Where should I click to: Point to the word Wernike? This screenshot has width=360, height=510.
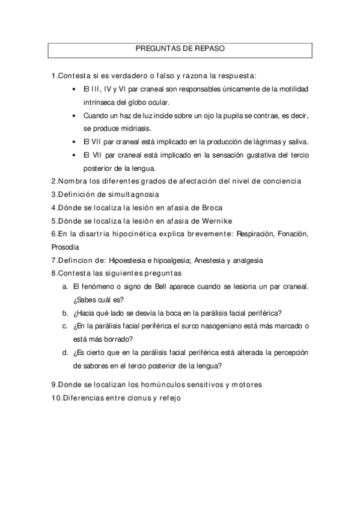click(215, 220)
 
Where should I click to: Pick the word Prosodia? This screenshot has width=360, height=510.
click(66, 247)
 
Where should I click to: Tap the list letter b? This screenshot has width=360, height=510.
click(64, 313)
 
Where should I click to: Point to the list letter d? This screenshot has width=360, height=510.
click(64, 352)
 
